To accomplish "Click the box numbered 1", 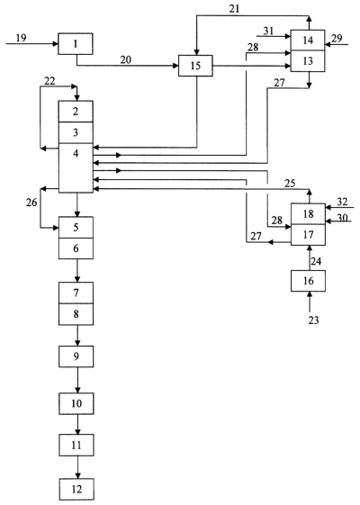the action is click(76, 43).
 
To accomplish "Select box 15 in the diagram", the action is click(195, 66).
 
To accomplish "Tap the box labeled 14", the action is click(308, 40).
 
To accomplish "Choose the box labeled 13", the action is click(308, 61).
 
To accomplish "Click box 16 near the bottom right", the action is click(308, 281).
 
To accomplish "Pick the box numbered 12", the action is click(76, 489).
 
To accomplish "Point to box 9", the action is click(76, 356).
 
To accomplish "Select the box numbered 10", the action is click(76, 403).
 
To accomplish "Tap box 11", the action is click(76, 445).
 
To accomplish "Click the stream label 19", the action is click(21, 38).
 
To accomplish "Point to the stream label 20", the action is click(126, 59).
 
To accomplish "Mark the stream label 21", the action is click(234, 9).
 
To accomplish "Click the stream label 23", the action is click(313, 320).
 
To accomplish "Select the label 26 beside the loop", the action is click(31, 203).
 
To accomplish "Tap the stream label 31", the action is click(268, 31).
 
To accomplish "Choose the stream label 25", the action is click(290, 184).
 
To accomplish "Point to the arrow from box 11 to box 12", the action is click(77, 467).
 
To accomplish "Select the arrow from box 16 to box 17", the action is click(310, 257).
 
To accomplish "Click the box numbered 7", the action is click(76, 293).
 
